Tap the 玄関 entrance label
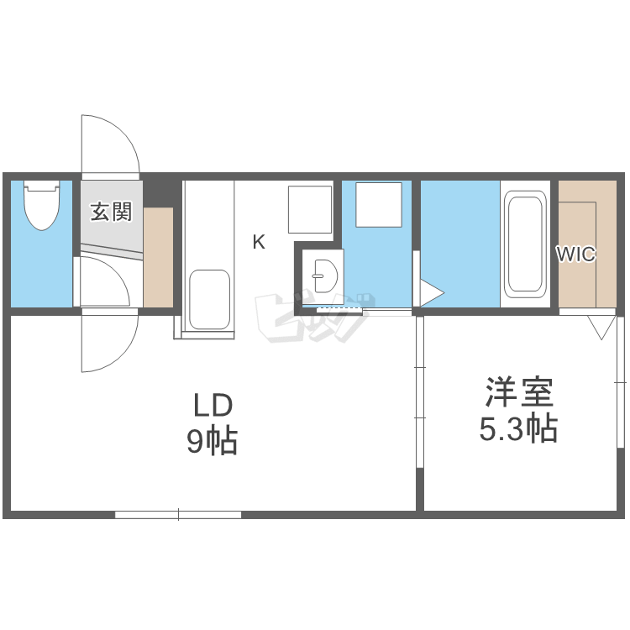point(111,212)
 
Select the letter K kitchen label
point(259,243)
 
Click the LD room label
point(212,407)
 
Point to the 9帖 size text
point(212,442)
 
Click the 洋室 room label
point(519,393)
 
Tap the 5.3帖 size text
point(519,430)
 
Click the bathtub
point(524,244)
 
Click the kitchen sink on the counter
point(209,299)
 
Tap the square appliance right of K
point(310,209)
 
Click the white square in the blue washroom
point(378,205)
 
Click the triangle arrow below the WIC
point(601,326)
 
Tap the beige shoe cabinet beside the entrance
point(158,257)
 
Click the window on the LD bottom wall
point(178,514)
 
